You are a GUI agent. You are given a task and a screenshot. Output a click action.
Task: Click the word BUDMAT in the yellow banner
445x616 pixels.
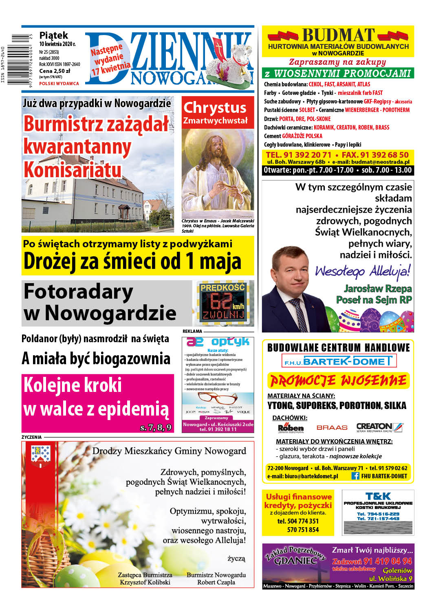(338, 35)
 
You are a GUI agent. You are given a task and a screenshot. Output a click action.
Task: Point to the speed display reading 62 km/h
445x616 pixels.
(222, 302)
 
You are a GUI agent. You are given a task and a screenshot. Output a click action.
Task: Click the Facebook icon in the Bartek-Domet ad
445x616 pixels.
(355, 476)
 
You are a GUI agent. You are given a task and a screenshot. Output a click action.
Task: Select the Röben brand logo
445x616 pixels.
(291, 428)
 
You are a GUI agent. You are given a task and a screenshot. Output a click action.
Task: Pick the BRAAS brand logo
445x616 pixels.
(332, 427)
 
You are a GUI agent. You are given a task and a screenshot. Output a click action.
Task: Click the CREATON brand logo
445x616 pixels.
(379, 427)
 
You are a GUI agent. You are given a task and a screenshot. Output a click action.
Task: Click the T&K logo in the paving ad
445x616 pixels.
(378, 496)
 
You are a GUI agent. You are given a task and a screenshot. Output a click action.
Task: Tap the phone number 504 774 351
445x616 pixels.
(298, 521)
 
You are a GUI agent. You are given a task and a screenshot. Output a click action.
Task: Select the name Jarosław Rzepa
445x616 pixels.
(377, 288)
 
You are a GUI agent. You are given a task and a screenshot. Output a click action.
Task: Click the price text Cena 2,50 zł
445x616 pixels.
(55, 70)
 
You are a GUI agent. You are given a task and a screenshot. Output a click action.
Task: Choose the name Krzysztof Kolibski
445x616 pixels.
(145, 582)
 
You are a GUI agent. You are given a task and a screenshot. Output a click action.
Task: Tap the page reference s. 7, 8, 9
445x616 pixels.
(156, 427)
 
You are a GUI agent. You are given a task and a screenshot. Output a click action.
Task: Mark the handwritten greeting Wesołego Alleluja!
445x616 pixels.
(362, 271)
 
